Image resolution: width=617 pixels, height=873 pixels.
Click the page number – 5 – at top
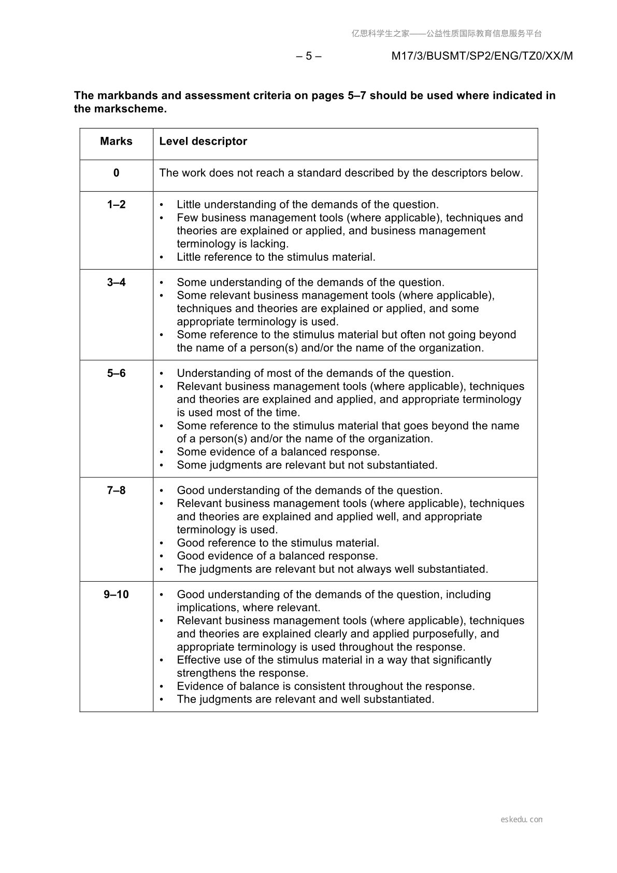coord(309,56)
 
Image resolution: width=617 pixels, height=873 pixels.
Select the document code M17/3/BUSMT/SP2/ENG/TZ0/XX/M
coord(482,56)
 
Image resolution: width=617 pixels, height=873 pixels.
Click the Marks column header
coord(116,142)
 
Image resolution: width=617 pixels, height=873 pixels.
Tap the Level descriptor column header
coord(203,142)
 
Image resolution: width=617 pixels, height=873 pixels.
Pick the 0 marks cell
coord(116,173)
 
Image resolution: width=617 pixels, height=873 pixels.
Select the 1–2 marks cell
coord(116,205)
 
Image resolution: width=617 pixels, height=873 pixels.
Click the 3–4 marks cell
coord(116,283)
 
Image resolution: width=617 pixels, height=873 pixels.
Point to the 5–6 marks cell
coord(116,374)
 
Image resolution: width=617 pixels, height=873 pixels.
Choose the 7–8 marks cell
coord(116,490)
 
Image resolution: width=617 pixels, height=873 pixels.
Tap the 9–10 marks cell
coord(116,595)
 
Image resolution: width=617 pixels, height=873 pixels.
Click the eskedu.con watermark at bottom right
coord(522,820)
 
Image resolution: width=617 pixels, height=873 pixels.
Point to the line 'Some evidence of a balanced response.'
coord(278,452)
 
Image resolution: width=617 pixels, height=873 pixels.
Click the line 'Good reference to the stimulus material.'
coord(278,543)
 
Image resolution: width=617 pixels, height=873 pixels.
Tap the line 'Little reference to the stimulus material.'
coord(276,257)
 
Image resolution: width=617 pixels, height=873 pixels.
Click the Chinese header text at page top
coord(447,34)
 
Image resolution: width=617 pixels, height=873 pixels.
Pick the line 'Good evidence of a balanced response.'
coord(277,556)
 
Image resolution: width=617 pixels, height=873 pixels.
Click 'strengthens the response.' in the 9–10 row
coord(242,673)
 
